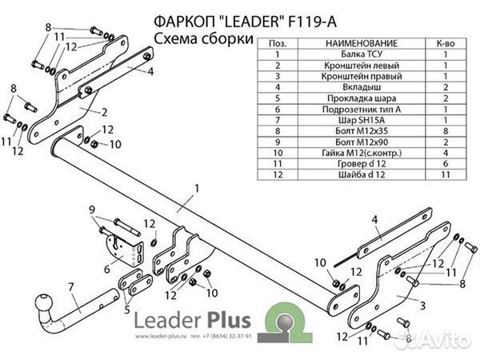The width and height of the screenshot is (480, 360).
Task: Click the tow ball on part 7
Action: pyautogui.click(x=40, y=305)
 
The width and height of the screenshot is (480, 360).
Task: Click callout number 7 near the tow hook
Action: pyautogui.click(x=71, y=286)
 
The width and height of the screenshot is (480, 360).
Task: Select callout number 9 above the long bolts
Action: pyautogui.click(x=94, y=210)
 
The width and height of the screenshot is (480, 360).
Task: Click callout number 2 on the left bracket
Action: pyautogui.click(x=104, y=113)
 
